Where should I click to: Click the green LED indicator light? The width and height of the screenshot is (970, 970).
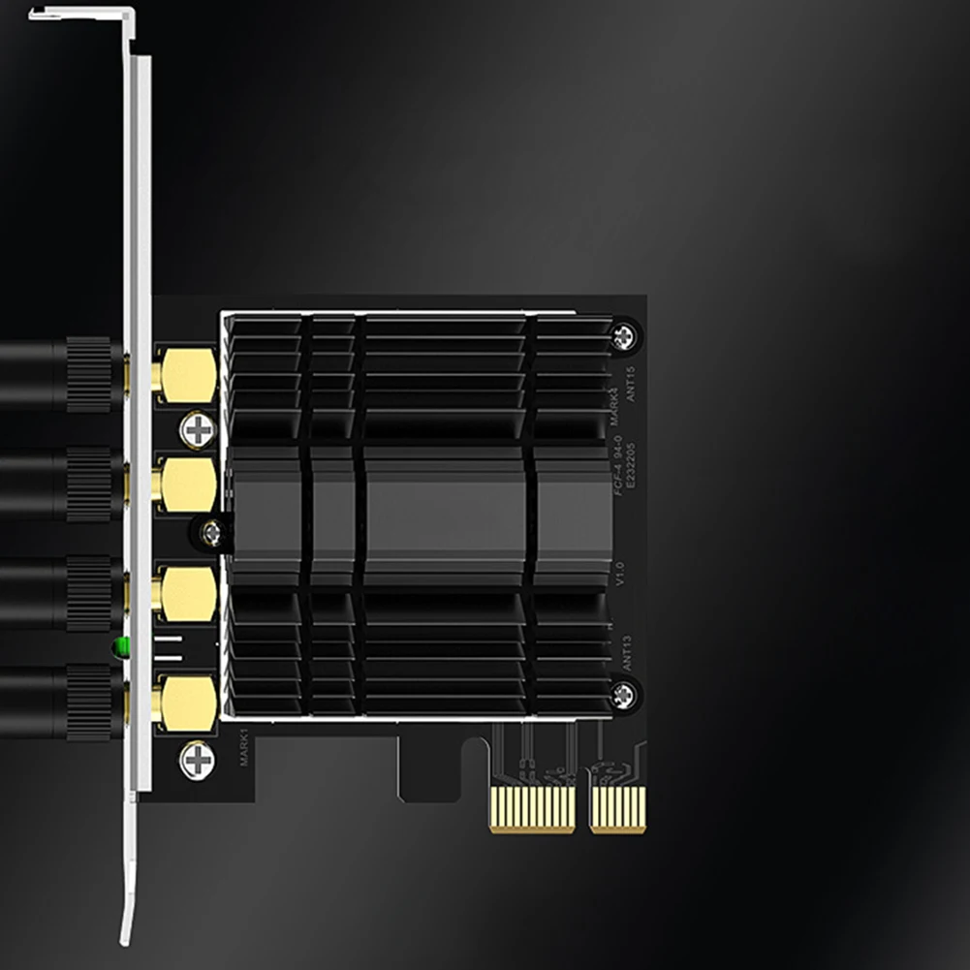tap(121, 646)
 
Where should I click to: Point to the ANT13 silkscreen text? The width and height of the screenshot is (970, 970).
tap(627, 652)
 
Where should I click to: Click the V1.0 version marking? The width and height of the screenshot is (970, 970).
tap(621, 572)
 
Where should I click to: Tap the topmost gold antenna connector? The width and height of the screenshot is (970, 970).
tap(187, 375)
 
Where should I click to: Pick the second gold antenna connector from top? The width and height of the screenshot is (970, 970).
tap(187, 484)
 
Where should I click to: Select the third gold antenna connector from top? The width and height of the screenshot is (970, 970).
tap(187, 593)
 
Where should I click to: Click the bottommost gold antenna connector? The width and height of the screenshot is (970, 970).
tap(187, 703)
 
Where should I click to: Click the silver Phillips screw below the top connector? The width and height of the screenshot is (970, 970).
tap(198, 429)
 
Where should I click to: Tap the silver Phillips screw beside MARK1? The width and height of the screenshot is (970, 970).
tap(198, 759)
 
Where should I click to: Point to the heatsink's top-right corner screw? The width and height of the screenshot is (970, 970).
tap(623, 335)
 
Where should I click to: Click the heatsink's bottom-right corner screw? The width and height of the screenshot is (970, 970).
tap(624, 693)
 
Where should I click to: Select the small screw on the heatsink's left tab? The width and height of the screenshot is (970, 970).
tap(211, 531)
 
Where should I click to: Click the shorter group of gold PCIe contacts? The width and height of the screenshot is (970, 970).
tap(618, 808)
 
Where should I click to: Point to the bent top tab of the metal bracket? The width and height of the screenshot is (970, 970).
tap(82, 14)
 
